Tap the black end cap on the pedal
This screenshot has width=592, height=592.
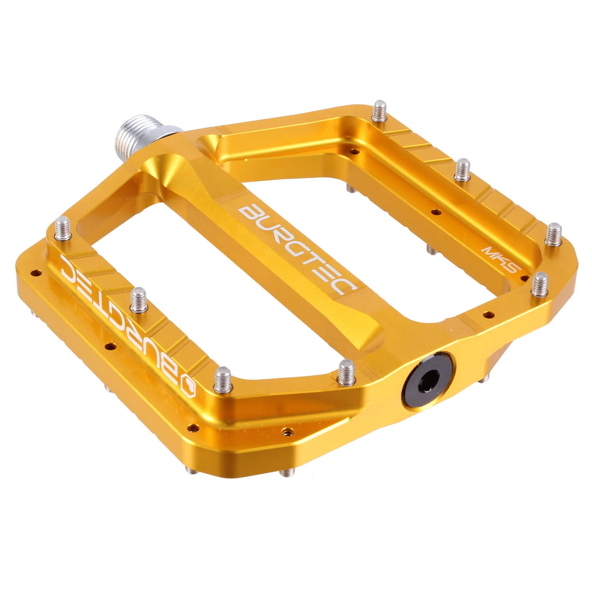pos(428,380)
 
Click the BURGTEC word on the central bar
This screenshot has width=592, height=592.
pos(298,248)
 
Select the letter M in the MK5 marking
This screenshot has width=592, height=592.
pos(484,252)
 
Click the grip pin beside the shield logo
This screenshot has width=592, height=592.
pos(223,380)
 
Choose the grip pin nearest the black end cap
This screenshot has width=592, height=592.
pos(346,372)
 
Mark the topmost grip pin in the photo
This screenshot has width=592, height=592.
pos(379,111)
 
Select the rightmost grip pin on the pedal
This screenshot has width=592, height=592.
pos(553,234)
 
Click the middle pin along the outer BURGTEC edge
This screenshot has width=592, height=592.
pos(139,300)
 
